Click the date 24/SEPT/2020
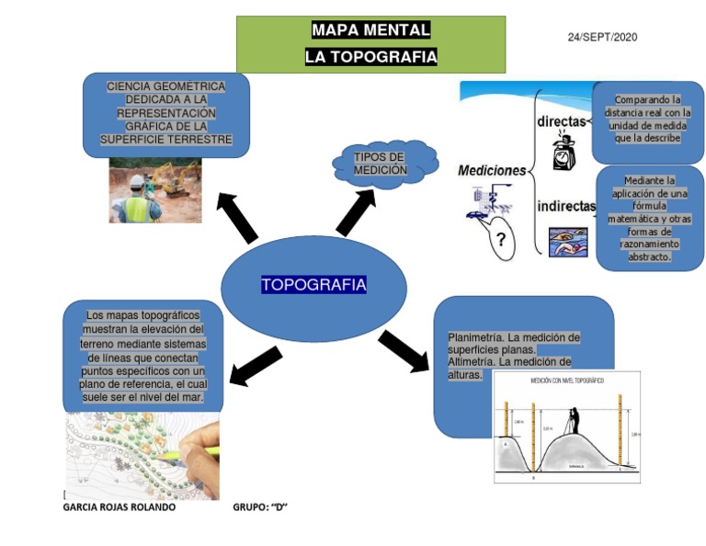coord(602,37)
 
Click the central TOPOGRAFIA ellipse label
coord(313,285)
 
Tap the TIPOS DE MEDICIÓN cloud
coord(381,164)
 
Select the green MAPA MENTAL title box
coord(370,44)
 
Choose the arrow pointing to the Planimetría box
coord(403,351)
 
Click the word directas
coord(561,120)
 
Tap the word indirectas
coord(565,206)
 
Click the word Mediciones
coord(492,170)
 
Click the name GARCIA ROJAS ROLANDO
coord(119,506)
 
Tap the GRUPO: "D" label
coord(260,506)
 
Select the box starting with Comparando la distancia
coord(647,119)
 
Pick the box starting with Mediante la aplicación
coord(649,219)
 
